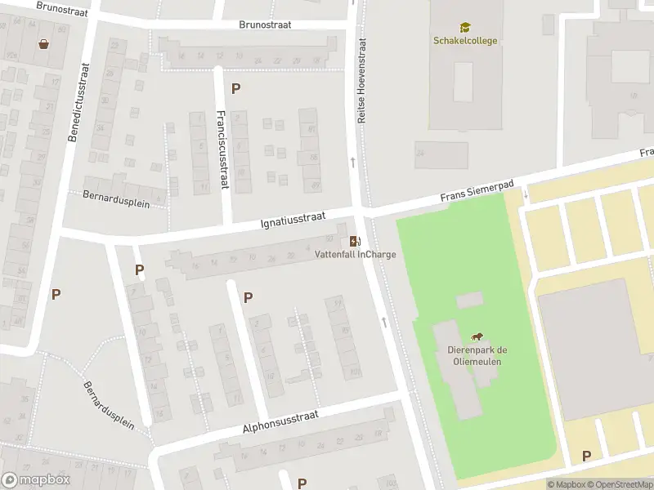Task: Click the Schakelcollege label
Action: [464, 41]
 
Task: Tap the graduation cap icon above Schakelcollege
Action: [464, 27]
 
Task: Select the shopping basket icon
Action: [43, 43]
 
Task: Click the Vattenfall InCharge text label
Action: [356, 254]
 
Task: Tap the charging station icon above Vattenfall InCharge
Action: [355, 241]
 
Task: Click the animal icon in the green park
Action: [476, 337]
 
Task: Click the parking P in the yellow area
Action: [586, 456]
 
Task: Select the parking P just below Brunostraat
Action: [236, 89]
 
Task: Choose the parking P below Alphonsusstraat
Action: [302, 483]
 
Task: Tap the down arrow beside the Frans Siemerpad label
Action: [526, 194]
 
